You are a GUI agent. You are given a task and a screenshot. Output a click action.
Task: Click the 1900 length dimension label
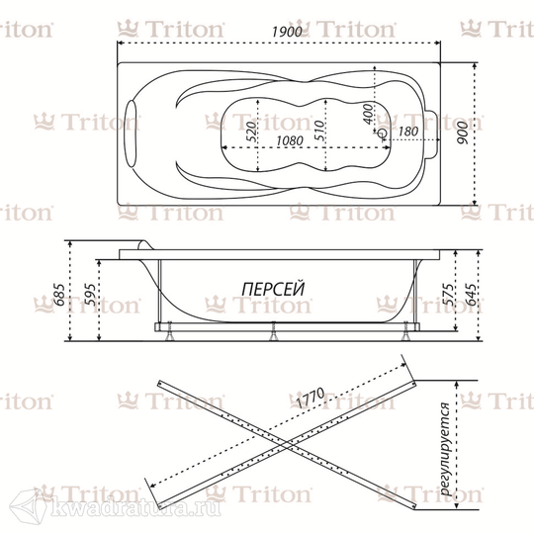click(x=287, y=32)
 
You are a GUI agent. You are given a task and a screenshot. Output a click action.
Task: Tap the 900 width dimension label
click(x=463, y=133)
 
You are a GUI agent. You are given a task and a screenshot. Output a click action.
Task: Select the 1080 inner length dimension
click(x=290, y=140)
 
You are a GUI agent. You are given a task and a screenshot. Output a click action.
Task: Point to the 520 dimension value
click(x=251, y=131)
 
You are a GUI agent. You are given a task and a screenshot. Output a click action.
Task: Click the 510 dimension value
click(x=319, y=131)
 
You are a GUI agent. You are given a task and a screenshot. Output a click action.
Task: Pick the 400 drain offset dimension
click(x=368, y=115)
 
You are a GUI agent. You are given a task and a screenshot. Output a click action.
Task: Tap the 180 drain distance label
click(x=407, y=132)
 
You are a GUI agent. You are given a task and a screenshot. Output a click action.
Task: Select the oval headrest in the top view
click(x=131, y=133)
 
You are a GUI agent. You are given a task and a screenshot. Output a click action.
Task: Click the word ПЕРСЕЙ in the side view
click(x=273, y=289)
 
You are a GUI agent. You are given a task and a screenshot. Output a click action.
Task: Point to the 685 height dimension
click(x=59, y=295)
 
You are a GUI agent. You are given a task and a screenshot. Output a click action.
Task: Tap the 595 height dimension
click(x=90, y=295)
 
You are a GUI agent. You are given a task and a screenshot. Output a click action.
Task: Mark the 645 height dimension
click(x=472, y=295)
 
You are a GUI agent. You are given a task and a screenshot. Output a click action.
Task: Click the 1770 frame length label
click(x=310, y=398)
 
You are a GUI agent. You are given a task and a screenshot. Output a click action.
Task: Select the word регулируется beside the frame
click(x=445, y=449)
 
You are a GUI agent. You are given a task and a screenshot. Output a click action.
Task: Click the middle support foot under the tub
click(x=273, y=331)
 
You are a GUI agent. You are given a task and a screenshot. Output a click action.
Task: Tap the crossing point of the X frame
click(x=287, y=444)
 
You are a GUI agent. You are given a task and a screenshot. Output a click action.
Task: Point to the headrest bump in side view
click(x=144, y=245)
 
